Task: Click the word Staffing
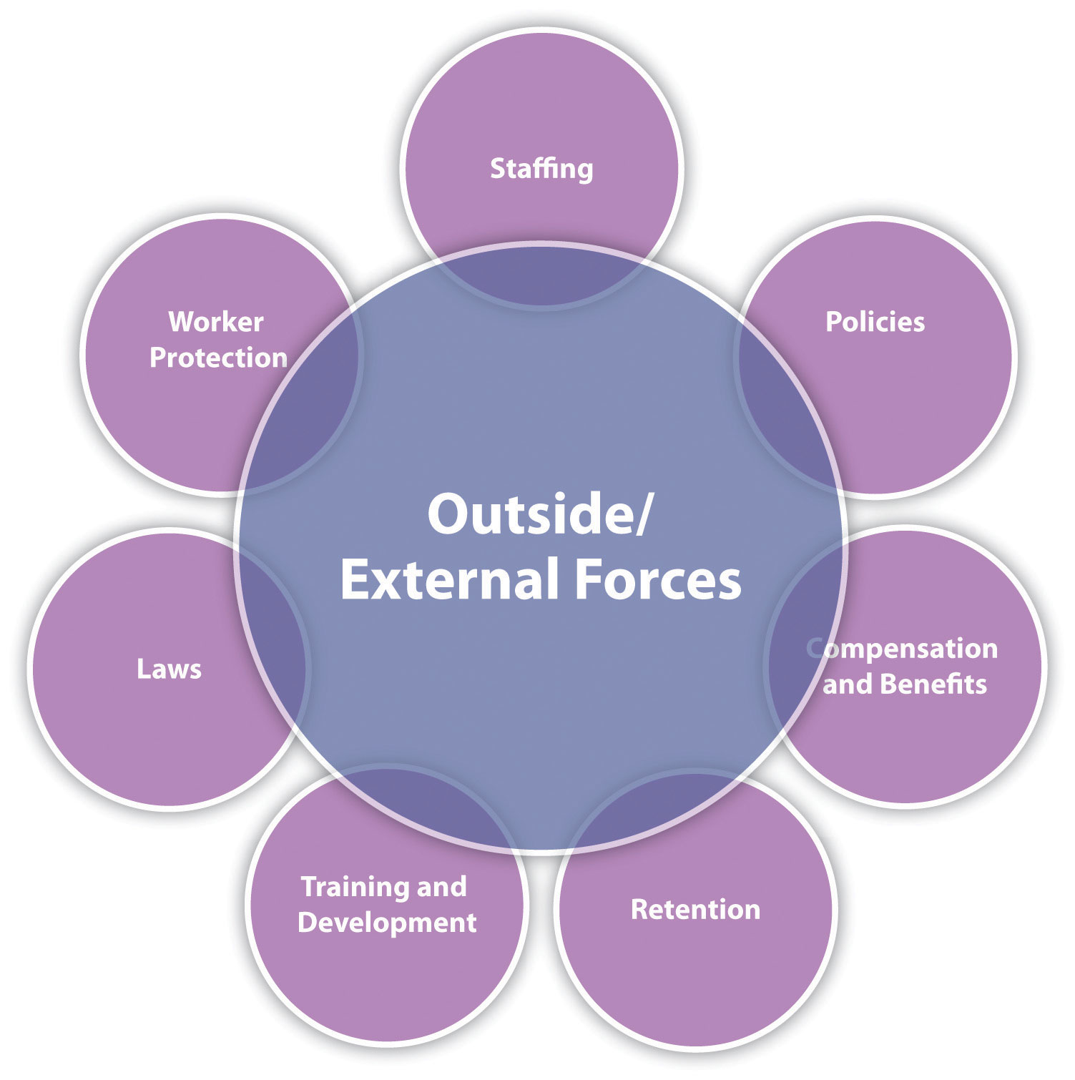point(541,169)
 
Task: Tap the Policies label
point(875,322)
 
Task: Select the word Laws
point(169,669)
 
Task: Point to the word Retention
point(695,909)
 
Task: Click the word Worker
point(216,322)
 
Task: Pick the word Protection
point(218,358)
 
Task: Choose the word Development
point(387,923)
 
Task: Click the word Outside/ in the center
point(540,515)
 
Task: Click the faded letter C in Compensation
point(815,648)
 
